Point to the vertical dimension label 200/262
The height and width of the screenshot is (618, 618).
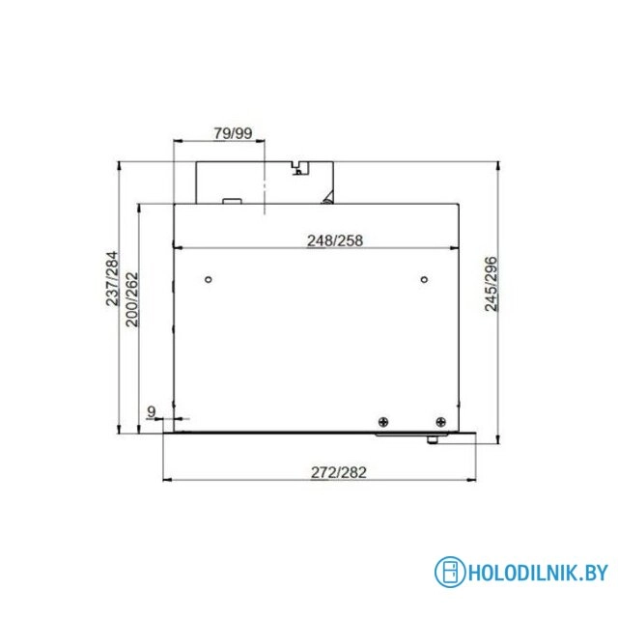(x=132, y=299)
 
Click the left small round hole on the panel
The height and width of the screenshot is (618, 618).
(x=209, y=280)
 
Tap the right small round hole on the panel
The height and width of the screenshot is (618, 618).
(x=424, y=280)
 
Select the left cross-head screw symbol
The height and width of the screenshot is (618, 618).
(x=382, y=421)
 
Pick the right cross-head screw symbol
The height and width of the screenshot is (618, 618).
(x=440, y=421)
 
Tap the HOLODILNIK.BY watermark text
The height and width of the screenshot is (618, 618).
(x=537, y=573)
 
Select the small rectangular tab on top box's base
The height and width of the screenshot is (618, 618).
(x=232, y=202)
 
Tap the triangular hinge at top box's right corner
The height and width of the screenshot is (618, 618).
(x=328, y=199)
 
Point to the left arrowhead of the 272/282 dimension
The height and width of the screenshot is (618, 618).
(x=164, y=480)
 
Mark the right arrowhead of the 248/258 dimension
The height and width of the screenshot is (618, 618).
(x=457, y=248)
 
